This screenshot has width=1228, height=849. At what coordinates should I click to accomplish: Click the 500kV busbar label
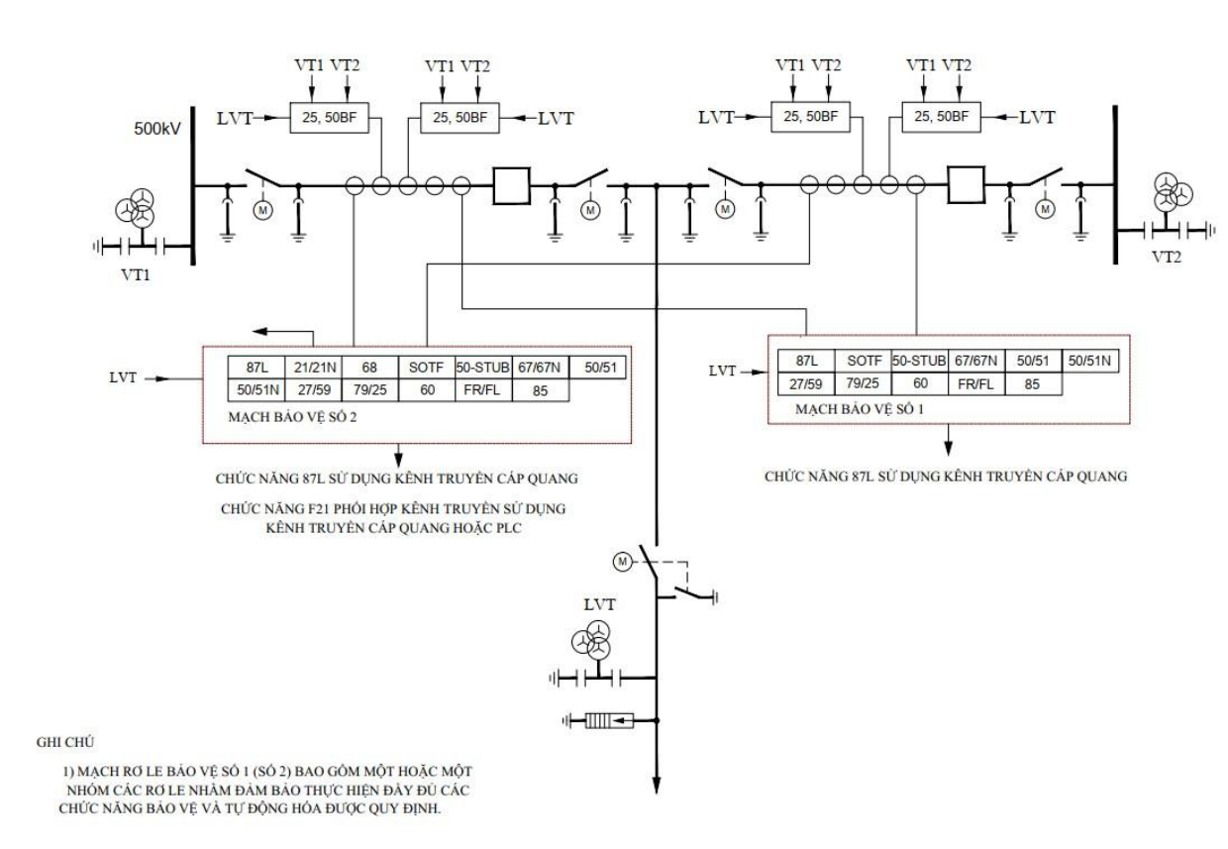[x=157, y=129]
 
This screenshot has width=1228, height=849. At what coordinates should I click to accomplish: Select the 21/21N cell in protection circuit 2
[x=314, y=367]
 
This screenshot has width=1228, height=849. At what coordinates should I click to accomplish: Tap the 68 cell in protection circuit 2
[x=370, y=367]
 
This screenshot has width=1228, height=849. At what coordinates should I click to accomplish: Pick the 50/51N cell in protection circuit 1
[x=1089, y=361]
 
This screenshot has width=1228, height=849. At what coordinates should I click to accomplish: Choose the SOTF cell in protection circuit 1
[x=864, y=361]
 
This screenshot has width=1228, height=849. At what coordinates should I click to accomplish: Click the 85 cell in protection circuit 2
[x=541, y=390]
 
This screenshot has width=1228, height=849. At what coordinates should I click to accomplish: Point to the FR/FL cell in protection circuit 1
[x=976, y=384]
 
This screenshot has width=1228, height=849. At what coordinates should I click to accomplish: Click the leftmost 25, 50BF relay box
[x=330, y=117]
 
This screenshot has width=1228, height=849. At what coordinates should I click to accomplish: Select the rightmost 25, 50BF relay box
[x=941, y=117]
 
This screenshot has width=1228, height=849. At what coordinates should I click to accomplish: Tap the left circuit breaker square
[x=511, y=186]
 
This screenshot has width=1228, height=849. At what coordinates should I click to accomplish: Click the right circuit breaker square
[x=967, y=185]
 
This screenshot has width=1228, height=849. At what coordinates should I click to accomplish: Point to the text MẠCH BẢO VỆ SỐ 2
[x=292, y=417]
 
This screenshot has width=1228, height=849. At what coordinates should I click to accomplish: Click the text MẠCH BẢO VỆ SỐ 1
[x=860, y=409]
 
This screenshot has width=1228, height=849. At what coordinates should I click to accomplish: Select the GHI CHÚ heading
[x=65, y=742]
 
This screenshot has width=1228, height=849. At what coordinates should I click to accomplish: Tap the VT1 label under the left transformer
[x=136, y=274]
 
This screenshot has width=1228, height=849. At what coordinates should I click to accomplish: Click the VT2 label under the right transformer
[x=1166, y=257]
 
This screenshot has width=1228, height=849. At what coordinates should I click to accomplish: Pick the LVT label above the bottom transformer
[x=599, y=604]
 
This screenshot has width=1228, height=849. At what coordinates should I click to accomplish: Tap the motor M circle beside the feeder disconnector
[x=622, y=562]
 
